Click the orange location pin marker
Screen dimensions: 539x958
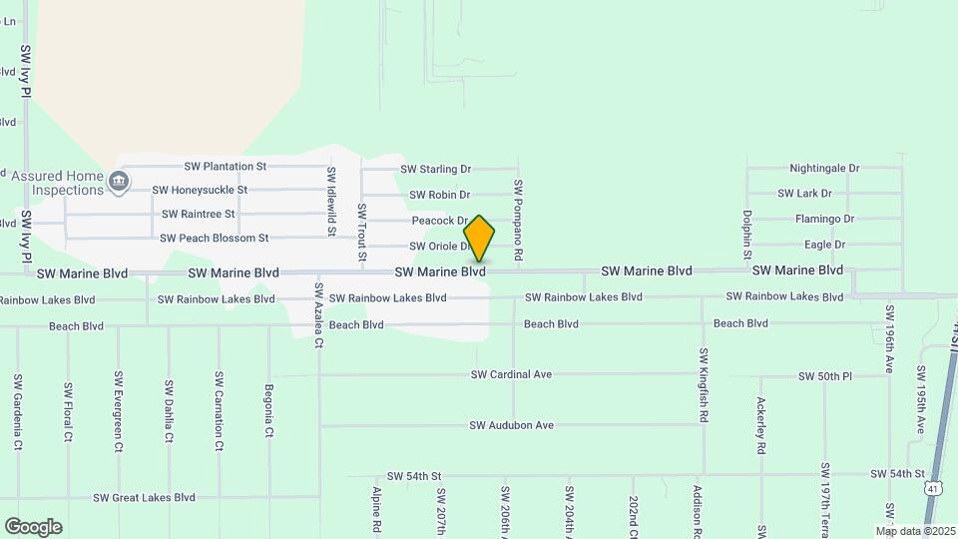(x=479, y=239)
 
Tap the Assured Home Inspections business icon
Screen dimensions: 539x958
(x=119, y=182)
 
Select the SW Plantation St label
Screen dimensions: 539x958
(x=226, y=167)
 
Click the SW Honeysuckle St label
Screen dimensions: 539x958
(x=200, y=190)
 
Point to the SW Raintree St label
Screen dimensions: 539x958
(x=198, y=214)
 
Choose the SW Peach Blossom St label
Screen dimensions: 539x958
(x=215, y=238)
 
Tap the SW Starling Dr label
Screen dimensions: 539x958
(x=435, y=170)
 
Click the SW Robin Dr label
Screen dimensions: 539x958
(x=439, y=195)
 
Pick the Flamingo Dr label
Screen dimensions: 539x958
(x=824, y=219)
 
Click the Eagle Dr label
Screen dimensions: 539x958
(x=824, y=245)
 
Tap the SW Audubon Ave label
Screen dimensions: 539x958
(x=511, y=425)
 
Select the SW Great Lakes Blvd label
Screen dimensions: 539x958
(x=144, y=497)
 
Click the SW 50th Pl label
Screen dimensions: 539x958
(x=825, y=376)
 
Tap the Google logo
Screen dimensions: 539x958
(x=33, y=527)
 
